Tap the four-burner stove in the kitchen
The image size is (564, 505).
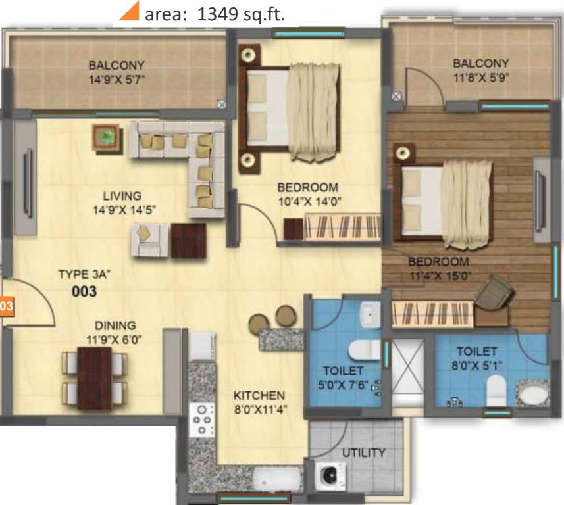(201, 418)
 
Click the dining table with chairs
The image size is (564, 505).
(94, 377)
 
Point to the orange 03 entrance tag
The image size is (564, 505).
(6, 306)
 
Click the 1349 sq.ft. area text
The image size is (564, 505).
(214, 15)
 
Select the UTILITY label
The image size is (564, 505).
(363, 453)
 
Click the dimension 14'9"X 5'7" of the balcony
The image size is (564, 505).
(116, 79)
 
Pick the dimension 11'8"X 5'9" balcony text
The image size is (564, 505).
(480, 77)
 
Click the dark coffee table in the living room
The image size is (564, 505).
(188, 240)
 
